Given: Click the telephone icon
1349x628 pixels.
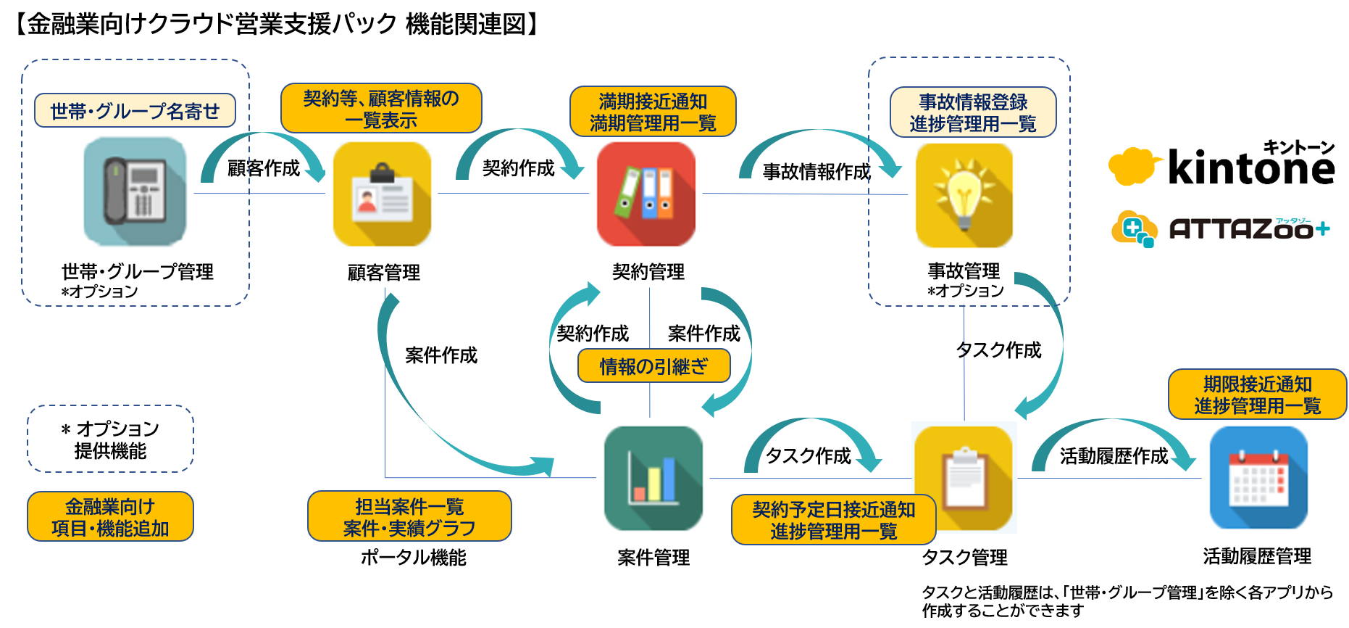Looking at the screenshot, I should tap(135, 193).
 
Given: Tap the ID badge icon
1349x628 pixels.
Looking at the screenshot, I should tap(382, 194).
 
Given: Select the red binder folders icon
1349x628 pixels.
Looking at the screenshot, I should tap(646, 194).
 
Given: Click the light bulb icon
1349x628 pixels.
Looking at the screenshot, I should tap(964, 195).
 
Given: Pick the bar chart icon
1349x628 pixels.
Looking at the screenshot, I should tap(653, 478).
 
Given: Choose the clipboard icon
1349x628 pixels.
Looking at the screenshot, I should tap(964, 478).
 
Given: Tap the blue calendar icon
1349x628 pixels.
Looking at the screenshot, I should tap(1258, 479).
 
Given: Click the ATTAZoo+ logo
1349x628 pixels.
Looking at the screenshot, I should tap(1221, 228).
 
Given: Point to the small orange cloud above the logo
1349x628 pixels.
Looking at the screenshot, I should tap(1132, 166).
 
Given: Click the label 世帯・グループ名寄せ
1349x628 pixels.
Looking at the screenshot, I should tap(135, 111).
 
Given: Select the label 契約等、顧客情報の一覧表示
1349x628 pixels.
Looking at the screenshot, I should tap(381, 109).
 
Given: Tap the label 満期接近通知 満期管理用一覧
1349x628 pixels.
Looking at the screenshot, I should tap(653, 112).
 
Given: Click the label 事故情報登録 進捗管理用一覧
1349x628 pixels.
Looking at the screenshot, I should tap(973, 112).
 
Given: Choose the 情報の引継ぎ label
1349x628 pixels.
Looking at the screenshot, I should tap(653, 366).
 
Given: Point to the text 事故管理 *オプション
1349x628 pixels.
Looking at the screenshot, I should tap(966, 280).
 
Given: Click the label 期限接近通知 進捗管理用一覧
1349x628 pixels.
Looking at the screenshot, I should tap(1258, 394).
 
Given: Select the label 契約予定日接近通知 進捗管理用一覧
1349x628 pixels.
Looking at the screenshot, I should tap(834, 520).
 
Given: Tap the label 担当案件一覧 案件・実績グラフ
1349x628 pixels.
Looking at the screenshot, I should tap(409, 516).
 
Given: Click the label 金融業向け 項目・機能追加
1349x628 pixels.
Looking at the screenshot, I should tap(110, 516).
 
